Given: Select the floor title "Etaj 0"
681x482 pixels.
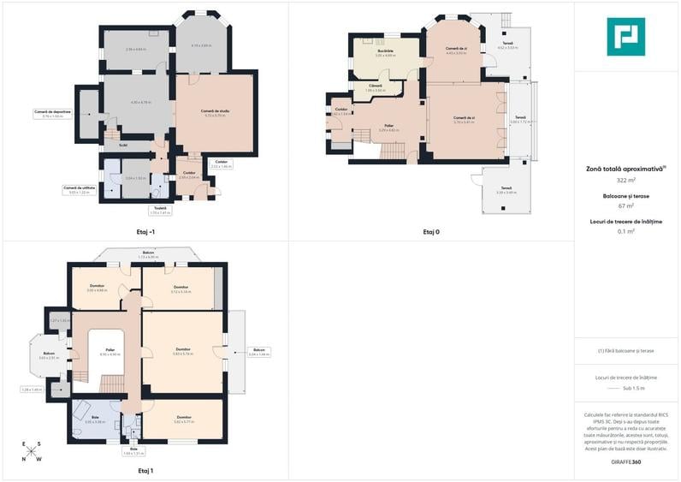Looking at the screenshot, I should (431, 231).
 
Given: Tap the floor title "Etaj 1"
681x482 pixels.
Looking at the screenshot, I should (145, 470).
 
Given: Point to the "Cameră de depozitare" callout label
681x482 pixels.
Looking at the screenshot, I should (52, 112).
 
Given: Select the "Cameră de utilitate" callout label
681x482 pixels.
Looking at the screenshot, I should (77, 187).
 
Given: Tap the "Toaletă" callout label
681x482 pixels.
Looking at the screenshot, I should (160, 208).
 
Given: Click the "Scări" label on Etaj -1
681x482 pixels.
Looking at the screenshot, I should (123, 145).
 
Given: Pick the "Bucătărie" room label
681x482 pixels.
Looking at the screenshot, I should (385, 51).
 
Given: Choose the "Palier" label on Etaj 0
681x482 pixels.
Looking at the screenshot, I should (388, 126).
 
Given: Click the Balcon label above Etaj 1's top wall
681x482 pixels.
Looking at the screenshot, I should (150, 253).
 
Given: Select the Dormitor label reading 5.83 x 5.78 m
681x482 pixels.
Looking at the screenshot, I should (182, 349).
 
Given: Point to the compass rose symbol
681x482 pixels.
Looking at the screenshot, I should (32, 452).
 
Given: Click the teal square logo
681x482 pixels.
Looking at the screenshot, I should (625, 36).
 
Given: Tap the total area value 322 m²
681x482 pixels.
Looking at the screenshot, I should (625, 181).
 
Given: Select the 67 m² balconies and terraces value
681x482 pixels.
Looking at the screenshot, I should (625, 205).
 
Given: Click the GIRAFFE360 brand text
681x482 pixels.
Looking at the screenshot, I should (625, 462).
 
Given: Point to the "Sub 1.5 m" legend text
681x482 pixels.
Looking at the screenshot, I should (634, 388).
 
